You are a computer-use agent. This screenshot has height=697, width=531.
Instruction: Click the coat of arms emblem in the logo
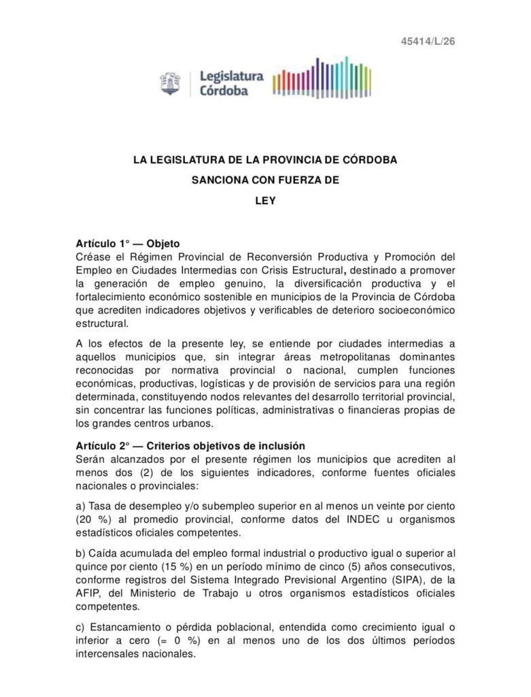[171, 84]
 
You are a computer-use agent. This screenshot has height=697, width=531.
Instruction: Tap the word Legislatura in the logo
[230, 77]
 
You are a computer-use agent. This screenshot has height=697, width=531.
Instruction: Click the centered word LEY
[265, 202]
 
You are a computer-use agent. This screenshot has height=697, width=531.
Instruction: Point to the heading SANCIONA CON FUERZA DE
[265, 181]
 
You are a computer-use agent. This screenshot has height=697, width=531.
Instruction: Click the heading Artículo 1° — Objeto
[128, 243]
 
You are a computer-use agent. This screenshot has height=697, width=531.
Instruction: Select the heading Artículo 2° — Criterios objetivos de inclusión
[186, 446]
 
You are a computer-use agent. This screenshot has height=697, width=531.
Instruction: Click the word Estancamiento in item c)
[125, 626]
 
